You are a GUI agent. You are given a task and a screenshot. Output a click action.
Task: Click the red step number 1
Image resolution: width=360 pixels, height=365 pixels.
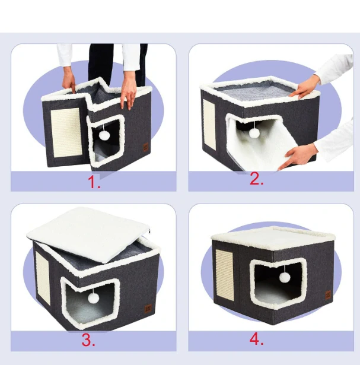tap(94, 182)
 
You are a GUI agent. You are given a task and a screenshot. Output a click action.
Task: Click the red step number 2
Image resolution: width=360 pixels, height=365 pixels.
tap(257, 179)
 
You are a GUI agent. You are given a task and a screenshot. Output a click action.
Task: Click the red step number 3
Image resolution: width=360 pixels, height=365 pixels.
tap(88, 339)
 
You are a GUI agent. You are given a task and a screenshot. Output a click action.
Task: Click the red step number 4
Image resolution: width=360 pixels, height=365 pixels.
tap(257, 339)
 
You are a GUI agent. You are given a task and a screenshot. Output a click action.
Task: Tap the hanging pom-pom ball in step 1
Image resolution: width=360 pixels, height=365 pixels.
tap(104, 135)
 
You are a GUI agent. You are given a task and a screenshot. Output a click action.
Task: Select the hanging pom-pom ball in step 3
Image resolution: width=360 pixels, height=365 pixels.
tap(93, 298)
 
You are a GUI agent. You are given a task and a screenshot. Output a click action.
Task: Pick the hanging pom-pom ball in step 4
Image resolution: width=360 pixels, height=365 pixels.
tap(285, 278)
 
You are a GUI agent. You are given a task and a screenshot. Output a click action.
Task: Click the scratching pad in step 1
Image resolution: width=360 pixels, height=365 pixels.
tap(66, 132)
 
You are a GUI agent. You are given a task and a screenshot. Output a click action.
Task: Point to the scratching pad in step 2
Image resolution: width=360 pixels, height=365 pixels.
tap(209, 125)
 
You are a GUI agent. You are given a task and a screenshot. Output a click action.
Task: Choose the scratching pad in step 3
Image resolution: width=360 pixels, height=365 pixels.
tap(43, 278)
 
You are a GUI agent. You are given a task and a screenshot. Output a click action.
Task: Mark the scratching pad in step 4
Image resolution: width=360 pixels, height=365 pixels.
tap(225, 275)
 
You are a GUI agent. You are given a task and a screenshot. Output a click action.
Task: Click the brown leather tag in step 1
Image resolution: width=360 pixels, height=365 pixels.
tap(146, 147)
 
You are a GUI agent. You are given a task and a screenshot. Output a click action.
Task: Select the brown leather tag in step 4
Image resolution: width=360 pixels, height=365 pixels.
tap(328, 295)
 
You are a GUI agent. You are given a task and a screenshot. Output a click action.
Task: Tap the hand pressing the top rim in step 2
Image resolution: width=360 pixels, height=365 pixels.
tap(304, 87)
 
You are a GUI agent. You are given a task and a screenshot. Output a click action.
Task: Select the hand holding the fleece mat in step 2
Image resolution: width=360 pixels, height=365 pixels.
tap(298, 155)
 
